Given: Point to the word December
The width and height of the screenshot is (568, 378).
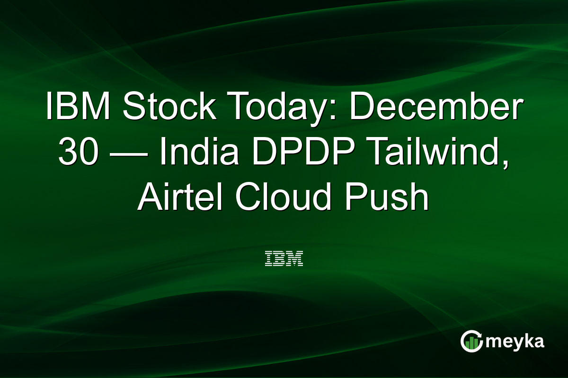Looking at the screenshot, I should click(435, 108).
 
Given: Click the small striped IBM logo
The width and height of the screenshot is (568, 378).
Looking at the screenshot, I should click(284, 258).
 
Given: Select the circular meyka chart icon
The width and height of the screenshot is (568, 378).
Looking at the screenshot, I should click(471, 341).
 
